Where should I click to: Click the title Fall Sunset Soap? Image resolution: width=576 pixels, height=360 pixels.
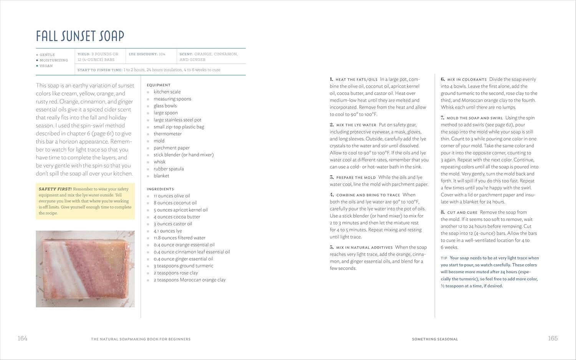tap(80, 36)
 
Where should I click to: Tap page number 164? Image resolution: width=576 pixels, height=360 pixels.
tap(23, 338)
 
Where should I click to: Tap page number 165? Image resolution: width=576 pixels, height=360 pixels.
tap(553, 338)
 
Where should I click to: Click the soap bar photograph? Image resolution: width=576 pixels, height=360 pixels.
tap(85, 269)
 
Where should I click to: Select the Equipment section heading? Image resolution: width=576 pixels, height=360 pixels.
tap(159, 85)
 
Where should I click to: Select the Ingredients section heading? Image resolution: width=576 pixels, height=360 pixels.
tap(160, 189)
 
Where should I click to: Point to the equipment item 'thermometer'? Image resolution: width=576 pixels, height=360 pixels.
tap(167, 134)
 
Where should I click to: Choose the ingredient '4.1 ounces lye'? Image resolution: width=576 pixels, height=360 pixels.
tap(167, 231)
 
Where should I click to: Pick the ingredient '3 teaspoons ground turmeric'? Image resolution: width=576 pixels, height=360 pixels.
tap(183, 266)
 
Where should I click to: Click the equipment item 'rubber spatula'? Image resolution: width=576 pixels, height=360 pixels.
tap(169, 169)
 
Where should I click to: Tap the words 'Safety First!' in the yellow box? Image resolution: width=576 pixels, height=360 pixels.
tap(55, 189)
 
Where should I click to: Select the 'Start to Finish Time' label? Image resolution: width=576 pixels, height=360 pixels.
tap(99, 70)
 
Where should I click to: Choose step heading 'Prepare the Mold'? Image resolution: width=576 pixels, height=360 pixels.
tap(356, 178)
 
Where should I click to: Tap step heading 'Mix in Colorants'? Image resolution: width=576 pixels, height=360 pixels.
tap(467, 80)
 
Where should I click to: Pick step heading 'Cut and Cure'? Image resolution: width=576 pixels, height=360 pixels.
tap(462, 213)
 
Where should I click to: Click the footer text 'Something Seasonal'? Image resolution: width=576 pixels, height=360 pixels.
tap(435, 339)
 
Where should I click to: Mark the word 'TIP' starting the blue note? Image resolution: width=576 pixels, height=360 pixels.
tap(444, 258)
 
